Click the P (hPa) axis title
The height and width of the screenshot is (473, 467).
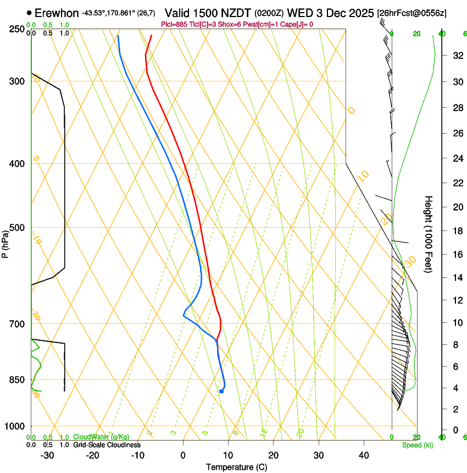tap(5, 243)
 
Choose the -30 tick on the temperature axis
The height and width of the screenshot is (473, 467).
tap(47, 455)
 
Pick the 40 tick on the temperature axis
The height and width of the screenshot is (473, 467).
tap(363, 455)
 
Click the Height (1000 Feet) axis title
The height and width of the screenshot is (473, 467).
tap(429, 234)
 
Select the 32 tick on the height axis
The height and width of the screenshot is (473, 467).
tap(457, 56)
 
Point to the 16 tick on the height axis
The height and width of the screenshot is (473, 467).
tap(457, 254)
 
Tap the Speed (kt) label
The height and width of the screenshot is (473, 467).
tap(418, 444)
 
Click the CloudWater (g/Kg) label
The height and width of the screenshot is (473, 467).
tap(102, 437)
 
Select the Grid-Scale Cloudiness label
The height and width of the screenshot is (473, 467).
tap(107, 445)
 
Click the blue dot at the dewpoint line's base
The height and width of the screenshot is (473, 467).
tap(221, 391)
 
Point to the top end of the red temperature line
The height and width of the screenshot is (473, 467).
tap(152, 35)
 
